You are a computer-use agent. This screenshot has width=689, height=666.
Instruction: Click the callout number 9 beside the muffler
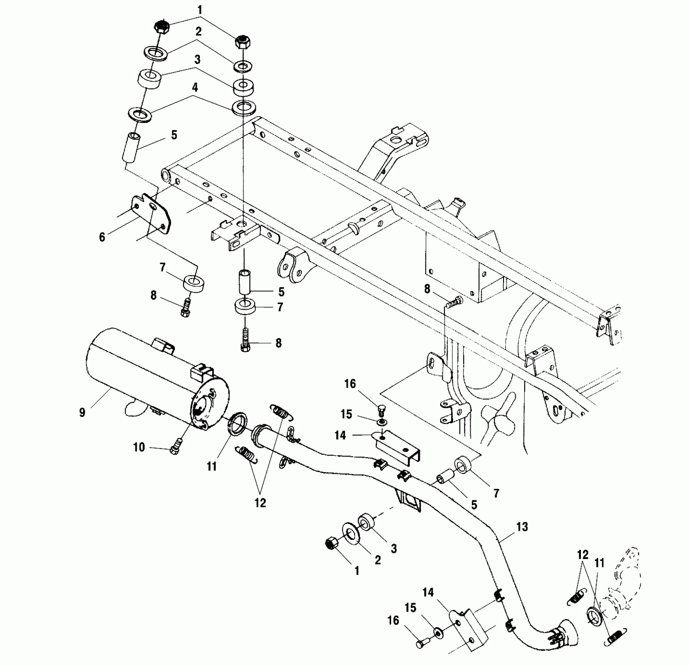[x=82, y=413]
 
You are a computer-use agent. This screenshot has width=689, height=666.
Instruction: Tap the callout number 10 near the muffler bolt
[x=139, y=447]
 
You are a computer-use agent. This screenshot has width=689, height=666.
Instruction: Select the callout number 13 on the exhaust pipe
[x=522, y=527]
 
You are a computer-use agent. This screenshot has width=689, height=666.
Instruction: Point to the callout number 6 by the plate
[x=102, y=237]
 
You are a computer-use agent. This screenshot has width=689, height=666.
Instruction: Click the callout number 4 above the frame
[x=195, y=87]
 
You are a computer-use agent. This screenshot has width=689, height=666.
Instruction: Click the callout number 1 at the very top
[x=200, y=10]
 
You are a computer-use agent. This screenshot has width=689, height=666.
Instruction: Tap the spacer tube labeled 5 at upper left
[x=132, y=148]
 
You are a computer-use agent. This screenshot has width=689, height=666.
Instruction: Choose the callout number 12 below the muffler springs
[x=260, y=503]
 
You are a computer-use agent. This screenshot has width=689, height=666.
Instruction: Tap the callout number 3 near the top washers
[x=197, y=60]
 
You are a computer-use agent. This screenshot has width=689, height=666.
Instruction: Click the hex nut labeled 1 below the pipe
[x=332, y=544]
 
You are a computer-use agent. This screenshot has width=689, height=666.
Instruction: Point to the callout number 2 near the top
[x=199, y=32]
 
